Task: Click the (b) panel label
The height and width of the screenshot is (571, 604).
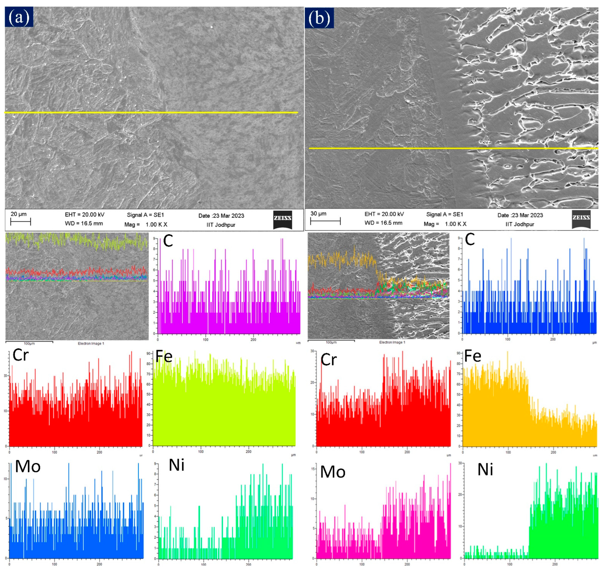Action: tap(319, 18)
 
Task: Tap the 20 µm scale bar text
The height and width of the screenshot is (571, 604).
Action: tap(19, 214)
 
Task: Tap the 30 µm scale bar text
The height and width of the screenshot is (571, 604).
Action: tap(318, 214)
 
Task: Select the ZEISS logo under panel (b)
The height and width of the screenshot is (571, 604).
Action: tap(581, 219)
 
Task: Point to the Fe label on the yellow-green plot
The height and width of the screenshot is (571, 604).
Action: tap(164, 356)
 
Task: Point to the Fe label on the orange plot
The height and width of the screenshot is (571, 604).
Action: tap(473, 356)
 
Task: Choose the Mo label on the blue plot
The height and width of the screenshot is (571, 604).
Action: tap(28, 466)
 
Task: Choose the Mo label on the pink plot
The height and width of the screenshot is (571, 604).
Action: tap(333, 472)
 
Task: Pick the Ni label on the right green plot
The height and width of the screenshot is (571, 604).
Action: tap(485, 470)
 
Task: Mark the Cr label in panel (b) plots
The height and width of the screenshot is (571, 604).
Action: tap(329, 360)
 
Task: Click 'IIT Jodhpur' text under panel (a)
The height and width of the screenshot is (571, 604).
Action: tap(221, 225)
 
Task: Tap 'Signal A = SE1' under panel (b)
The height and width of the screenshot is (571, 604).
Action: tap(445, 214)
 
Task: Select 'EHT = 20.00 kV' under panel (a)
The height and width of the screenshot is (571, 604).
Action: tap(85, 215)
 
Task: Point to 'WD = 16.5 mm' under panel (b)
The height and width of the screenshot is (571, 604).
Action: tap(383, 223)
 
